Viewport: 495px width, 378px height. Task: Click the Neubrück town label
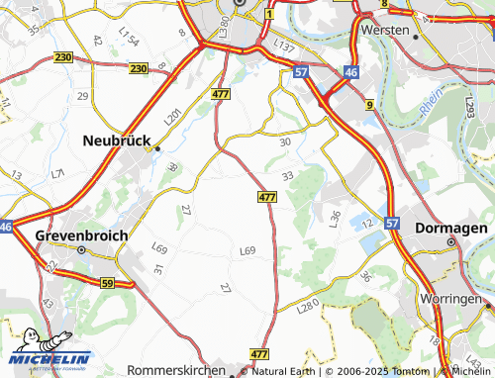(117, 141)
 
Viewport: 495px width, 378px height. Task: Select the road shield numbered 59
(107, 282)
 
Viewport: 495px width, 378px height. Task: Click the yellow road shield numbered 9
(368, 104)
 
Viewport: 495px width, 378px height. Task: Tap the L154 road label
(129, 37)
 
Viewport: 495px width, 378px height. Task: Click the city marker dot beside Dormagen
(451, 241)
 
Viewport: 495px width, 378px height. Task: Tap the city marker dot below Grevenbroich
(81, 250)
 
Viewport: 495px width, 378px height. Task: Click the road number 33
(288, 175)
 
